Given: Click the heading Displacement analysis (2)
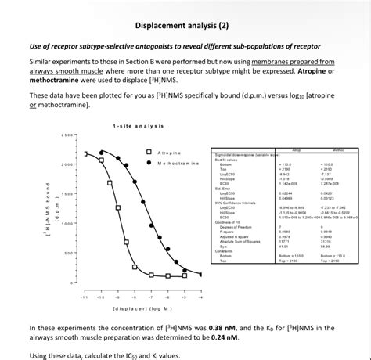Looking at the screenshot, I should click(x=185, y=25).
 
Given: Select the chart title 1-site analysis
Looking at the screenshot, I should click(x=138, y=126).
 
